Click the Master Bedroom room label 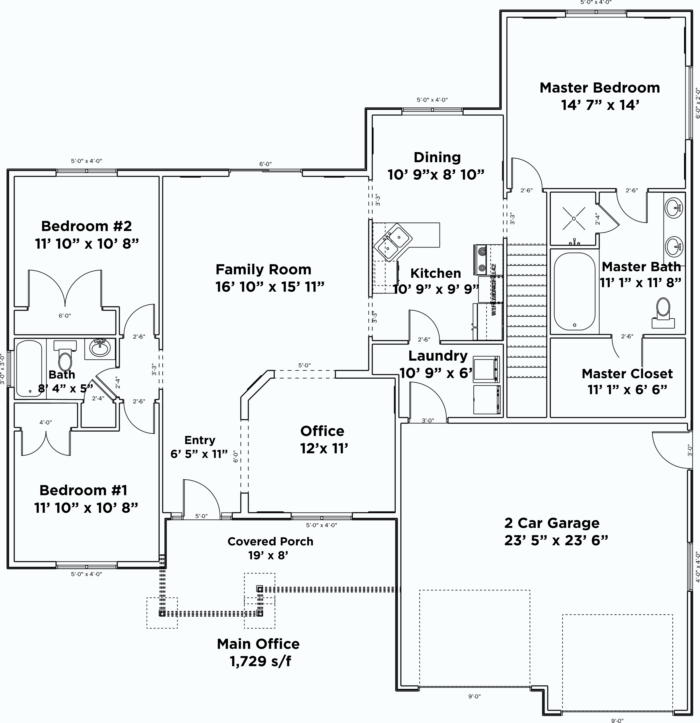click(x=600, y=88)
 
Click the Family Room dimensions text click(x=270, y=287)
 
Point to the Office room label click(x=322, y=431)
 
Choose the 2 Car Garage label click(x=552, y=523)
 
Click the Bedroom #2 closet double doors click(x=65, y=288)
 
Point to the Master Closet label click(x=627, y=373)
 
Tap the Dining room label click(x=437, y=157)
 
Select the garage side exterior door click(x=670, y=450)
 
